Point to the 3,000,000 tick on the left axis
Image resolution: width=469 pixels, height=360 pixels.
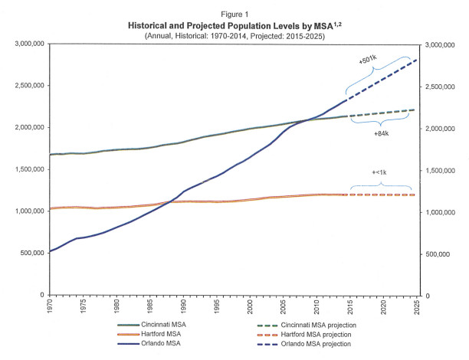pyautogui.click(x=31, y=44)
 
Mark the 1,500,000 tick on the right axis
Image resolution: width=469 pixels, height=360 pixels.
pyautogui.click(x=444, y=170)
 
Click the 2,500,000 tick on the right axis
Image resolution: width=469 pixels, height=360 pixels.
pyautogui.click(x=444, y=87)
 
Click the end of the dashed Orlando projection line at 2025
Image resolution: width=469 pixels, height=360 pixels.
pyautogui.click(x=416, y=60)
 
